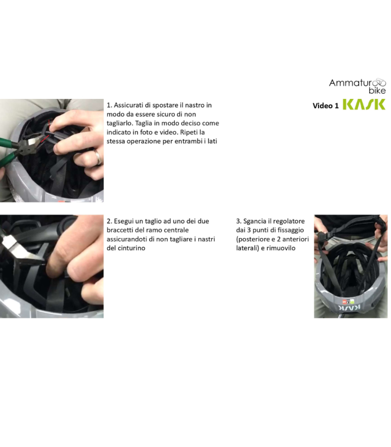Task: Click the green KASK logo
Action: (363, 104)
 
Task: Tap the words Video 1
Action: (325, 106)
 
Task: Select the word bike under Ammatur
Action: (377, 91)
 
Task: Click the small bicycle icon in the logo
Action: (380, 82)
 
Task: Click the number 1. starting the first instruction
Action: (109, 105)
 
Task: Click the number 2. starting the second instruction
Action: (109, 221)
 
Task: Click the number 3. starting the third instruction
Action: (239, 221)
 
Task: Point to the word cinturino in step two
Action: (130, 248)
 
